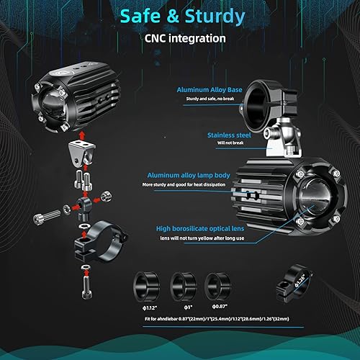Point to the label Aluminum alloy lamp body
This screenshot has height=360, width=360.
[189, 175]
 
